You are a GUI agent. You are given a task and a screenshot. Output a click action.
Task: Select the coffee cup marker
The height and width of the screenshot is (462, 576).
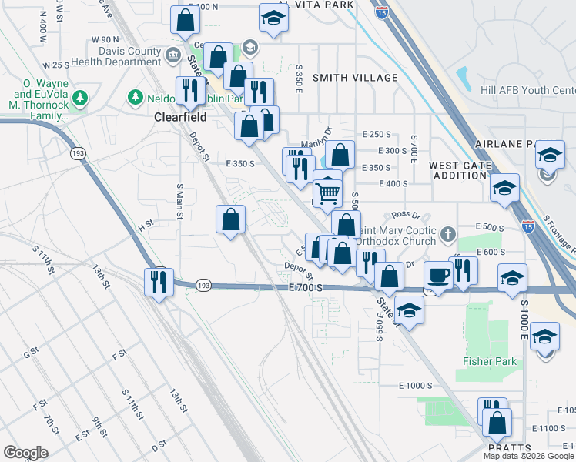438,275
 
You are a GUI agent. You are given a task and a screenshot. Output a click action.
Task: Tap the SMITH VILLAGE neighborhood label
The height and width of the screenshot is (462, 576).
355,78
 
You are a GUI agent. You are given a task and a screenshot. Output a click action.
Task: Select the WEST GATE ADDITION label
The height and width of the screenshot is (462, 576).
460,170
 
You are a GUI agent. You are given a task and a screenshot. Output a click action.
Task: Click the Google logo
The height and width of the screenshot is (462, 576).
26,452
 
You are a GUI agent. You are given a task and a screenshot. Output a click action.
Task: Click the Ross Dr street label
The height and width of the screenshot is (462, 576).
404,215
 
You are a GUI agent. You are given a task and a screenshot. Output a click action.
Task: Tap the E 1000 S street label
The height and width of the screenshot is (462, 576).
417,385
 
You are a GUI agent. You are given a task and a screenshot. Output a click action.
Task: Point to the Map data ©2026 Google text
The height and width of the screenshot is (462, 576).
527,456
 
